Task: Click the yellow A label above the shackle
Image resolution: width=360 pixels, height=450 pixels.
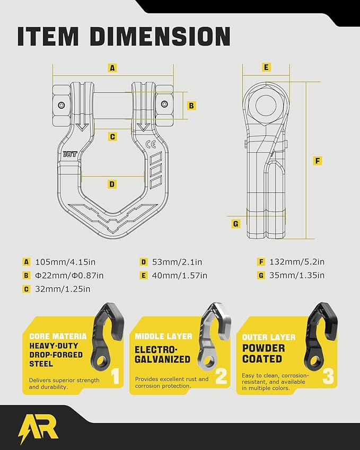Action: click(x=112, y=68)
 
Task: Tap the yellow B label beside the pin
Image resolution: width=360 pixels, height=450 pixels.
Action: click(x=192, y=105)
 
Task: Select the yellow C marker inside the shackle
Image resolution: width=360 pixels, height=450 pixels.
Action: click(x=112, y=137)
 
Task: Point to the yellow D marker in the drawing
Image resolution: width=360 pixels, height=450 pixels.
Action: click(x=112, y=184)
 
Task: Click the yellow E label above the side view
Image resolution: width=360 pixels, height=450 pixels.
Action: click(x=266, y=67)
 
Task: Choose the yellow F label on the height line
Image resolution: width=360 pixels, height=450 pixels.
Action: click(x=318, y=161)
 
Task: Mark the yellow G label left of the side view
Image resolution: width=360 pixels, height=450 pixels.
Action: click(x=236, y=223)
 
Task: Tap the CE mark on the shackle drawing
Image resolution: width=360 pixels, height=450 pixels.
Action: click(x=150, y=144)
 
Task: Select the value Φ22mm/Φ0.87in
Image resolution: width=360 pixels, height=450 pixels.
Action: click(x=69, y=275)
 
